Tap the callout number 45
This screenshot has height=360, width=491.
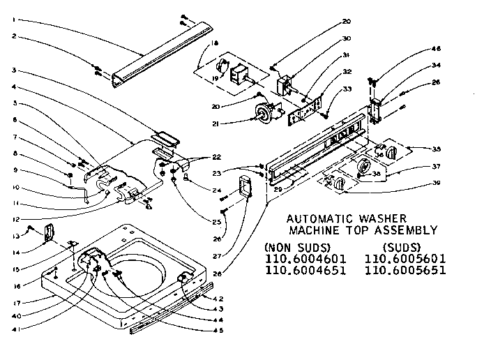pos(220,330)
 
